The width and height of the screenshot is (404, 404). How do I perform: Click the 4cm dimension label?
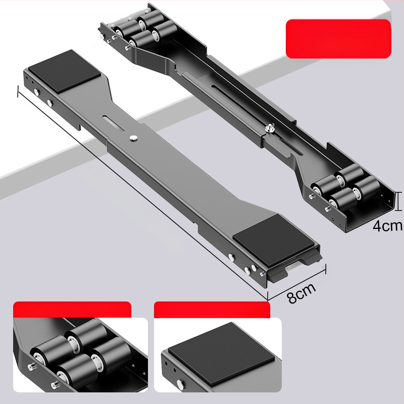(387, 226)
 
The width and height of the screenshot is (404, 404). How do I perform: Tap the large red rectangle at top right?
(338, 39)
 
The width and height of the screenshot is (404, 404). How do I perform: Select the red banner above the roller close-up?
(72, 310)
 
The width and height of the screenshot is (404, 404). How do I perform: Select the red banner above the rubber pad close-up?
(212, 310)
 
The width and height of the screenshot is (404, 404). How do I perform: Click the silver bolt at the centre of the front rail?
(133, 138)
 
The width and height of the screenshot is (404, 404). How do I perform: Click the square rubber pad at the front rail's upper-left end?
(65, 71)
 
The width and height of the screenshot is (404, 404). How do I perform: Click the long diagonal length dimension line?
(142, 194)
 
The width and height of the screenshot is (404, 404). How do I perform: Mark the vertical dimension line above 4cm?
(399, 201)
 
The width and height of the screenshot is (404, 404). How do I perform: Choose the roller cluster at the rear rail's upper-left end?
(145, 31)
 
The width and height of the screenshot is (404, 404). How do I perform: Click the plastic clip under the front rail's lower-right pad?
(294, 268)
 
